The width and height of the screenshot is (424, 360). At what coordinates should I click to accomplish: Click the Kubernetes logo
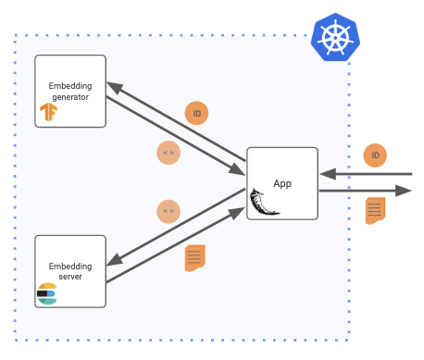click(335, 37)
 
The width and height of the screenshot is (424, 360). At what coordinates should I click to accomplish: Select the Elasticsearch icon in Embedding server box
click(47, 293)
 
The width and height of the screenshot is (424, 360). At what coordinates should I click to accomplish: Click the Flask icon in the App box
click(264, 202)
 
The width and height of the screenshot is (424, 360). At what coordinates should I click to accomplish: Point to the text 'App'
click(282, 183)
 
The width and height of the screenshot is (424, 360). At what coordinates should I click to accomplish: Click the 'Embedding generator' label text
click(70, 91)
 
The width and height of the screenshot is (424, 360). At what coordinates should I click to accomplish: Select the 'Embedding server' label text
click(70, 271)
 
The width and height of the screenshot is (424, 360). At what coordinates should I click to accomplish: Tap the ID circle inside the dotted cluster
click(196, 113)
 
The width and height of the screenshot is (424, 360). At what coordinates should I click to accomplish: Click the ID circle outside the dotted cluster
click(374, 155)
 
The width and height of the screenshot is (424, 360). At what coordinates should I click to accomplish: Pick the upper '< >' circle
click(168, 152)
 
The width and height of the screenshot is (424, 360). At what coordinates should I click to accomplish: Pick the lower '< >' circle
click(168, 211)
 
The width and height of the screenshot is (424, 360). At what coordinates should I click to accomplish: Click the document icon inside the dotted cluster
click(194, 257)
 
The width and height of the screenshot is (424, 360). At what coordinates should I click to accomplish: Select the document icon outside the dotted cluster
click(374, 210)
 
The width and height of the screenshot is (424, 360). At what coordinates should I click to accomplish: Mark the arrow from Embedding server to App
click(176, 248)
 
